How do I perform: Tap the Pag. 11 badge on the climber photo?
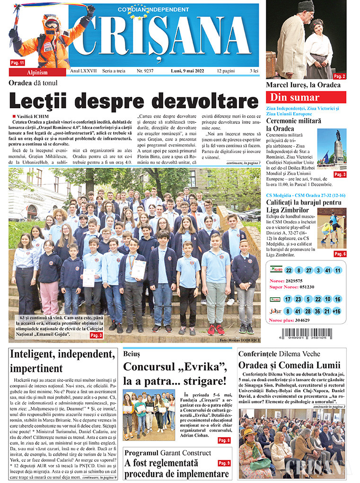click(x=18, y=62)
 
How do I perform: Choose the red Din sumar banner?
click(x=306, y=97)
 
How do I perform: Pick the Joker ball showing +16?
click(x=337, y=311)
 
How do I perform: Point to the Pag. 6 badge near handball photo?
click(x=340, y=254)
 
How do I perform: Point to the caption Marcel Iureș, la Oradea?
click(x=303, y=85)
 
